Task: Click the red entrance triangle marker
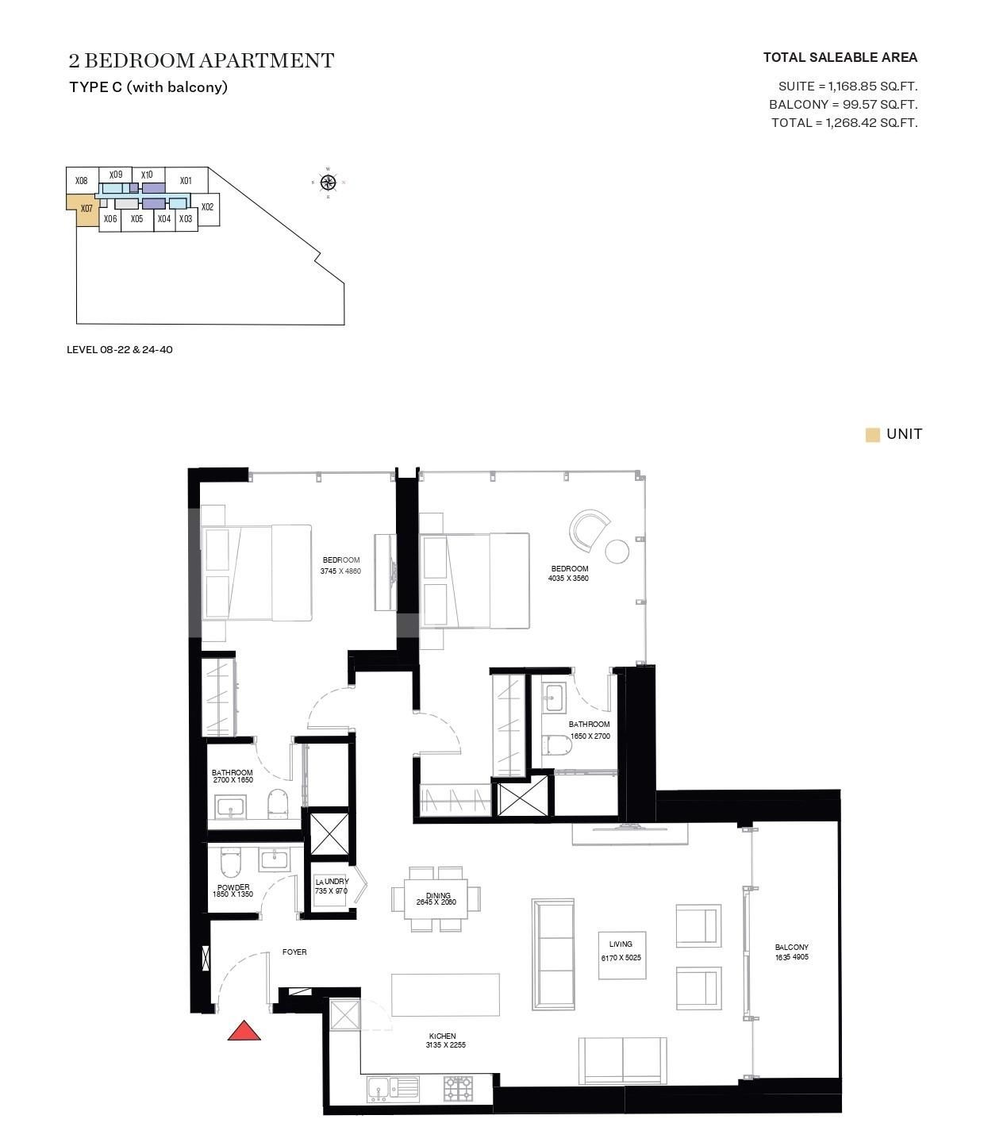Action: pos(244,1031)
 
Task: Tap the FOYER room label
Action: pos(294,952)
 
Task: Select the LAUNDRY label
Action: pos(332,882)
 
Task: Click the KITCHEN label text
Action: pos(442,1036)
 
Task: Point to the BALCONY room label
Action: pos(792,948)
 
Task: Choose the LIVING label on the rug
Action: pos(621,944)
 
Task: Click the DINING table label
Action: pos(437,896)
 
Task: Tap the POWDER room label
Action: pos(233,887)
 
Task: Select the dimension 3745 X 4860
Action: pos(340,571)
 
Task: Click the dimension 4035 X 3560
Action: pos(568,579)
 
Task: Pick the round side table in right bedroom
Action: pos(617,551)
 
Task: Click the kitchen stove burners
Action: pos(458,1087)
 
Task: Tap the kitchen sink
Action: pos(378,1088)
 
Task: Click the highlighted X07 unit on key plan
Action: pos(86,210)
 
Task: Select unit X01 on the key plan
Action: pos(186,181)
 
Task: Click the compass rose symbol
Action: pos(329,183)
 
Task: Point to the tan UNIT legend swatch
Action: pos(873,435)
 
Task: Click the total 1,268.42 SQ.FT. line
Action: pos(844,123)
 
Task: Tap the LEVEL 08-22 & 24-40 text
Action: pos(120,350)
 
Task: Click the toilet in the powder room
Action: pos(229,860)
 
